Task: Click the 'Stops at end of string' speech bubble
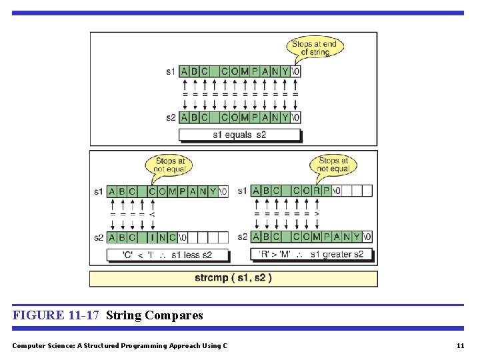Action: (314, 48)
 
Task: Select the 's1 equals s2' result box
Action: (239, 135)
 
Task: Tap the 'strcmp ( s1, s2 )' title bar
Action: (233, 278)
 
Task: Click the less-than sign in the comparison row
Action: (153, 214)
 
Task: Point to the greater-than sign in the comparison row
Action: (317, 214)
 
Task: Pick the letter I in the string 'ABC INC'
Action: (153, 237)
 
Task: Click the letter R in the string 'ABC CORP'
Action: (317, 191)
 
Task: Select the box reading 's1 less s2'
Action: (167, 255)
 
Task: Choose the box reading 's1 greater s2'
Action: (311, 254)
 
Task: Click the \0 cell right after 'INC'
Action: (183, 237)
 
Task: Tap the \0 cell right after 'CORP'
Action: (337, 191)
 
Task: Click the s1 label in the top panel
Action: (171, 71)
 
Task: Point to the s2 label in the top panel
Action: (171, 117)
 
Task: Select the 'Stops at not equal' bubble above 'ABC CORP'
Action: (333, 165)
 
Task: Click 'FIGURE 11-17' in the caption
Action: (56, 315)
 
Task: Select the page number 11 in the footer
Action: (460, 345)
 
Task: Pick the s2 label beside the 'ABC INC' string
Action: (99, 237)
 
